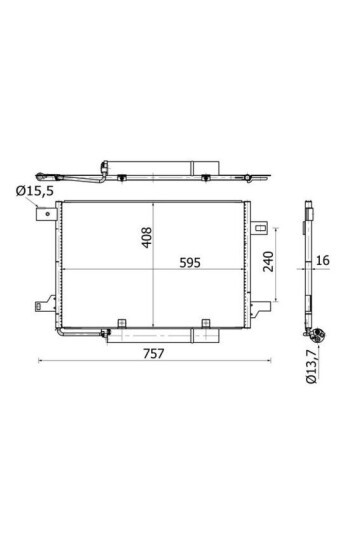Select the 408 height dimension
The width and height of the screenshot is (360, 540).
[146, 237]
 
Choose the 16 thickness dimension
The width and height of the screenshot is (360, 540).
[323, 263]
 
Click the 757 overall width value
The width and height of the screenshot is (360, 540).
[152, 352]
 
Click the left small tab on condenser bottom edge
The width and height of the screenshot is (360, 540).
[120, 322]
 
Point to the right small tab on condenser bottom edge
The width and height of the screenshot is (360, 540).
[205, 322]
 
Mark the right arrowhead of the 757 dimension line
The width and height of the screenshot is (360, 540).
[262, 360]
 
